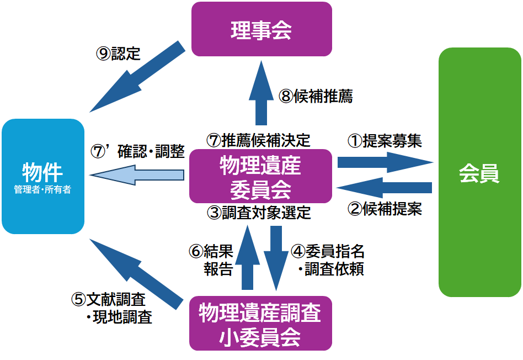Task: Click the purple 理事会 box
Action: (261, 29)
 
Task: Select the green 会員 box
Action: (479, 172)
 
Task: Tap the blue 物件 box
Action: (42, 176)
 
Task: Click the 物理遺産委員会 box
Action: (260, 176)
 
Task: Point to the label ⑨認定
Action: (118, 54)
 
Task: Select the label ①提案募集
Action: (384, 141)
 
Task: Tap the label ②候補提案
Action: (385, 209)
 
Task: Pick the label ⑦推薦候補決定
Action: (259, 140)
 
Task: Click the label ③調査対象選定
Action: (259, 212)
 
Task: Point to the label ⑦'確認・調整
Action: (137, 152)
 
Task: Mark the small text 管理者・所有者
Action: (42, 189)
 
